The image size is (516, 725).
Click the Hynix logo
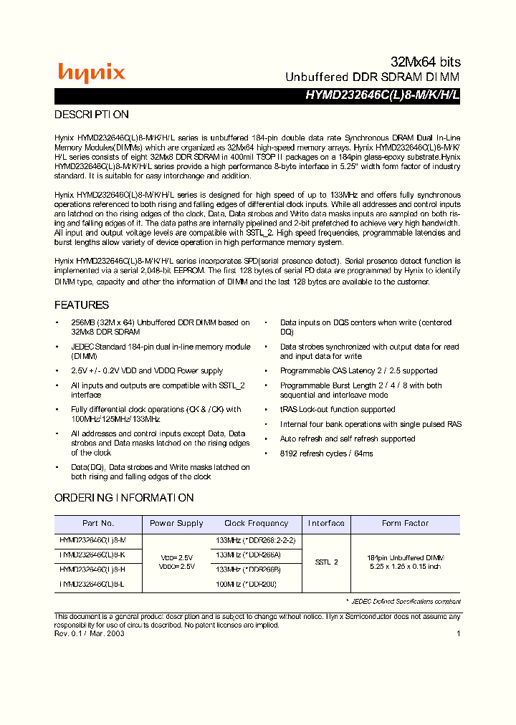91,72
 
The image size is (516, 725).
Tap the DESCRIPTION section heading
92,115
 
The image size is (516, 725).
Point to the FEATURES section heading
82,304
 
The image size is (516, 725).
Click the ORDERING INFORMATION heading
124,498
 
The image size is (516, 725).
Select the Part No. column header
98,524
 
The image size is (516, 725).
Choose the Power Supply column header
176,524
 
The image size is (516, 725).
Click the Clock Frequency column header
256,524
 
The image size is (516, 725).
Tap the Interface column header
326,524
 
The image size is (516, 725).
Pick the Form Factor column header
405,524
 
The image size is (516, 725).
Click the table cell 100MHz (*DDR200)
246,585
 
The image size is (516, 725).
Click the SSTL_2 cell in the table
326,562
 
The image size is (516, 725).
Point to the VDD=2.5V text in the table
176,557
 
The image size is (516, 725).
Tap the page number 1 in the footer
458,633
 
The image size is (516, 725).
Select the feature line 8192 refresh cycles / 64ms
326,453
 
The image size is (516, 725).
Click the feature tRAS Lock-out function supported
338,410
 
